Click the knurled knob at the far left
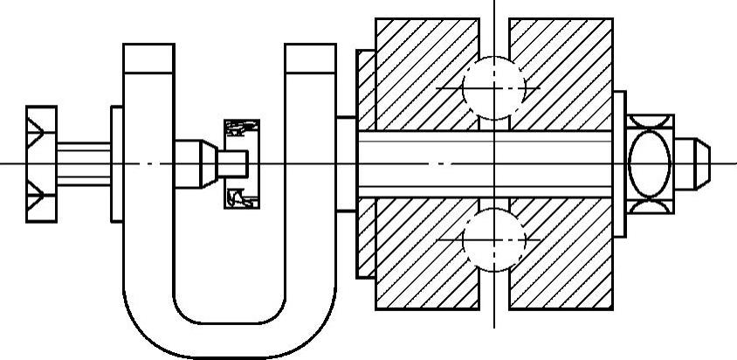[41, 164]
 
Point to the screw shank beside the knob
[84, 163]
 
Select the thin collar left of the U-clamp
[116, 163]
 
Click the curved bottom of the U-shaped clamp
[229, 336]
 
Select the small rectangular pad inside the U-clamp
[242, 163]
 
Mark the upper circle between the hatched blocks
[494, 87]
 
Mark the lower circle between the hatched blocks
[494, 239]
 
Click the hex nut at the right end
[651, 163]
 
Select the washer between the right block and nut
[619, 163]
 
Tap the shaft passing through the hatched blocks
[489, 163]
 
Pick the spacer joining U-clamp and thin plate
[346, 163]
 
